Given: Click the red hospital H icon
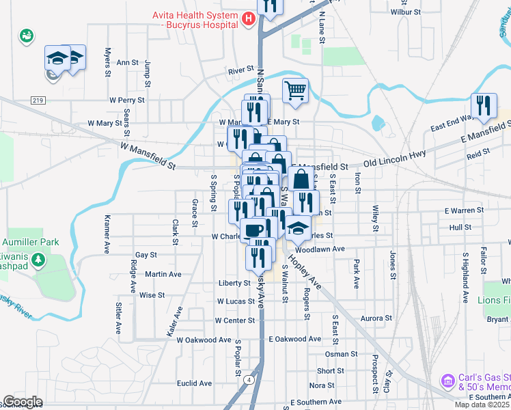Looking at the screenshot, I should [249, 20].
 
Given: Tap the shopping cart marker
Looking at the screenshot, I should [295, 90].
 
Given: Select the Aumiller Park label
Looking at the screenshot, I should [31, 242].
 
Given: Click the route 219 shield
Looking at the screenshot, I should [38, 100].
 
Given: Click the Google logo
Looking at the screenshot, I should [23, 402].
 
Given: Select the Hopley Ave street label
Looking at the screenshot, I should [305, 271].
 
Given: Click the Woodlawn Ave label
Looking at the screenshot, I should [320, 249].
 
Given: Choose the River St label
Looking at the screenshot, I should [241, 70].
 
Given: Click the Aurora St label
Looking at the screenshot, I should [376, 318].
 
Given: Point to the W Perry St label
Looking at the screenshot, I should [127, 100].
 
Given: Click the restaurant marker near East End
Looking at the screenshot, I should [484, 106].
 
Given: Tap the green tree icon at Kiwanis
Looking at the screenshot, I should [40, 260].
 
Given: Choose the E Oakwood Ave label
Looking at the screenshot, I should [294, 339].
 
